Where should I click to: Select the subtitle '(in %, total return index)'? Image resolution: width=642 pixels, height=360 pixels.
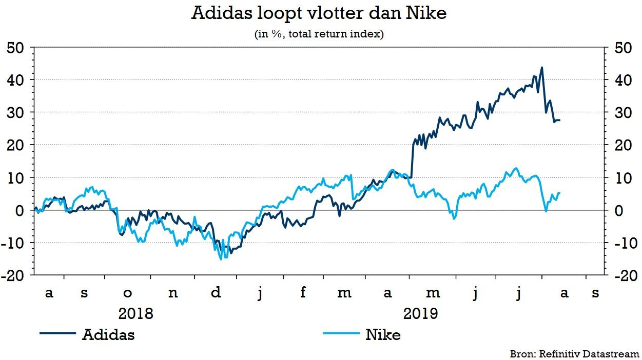[319, 35]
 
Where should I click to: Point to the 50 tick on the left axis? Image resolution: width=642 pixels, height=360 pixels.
[15, 47]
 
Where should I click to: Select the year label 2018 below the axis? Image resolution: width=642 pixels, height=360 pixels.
[135, 313]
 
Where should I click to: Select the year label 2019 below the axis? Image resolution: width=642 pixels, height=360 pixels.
[420, 313]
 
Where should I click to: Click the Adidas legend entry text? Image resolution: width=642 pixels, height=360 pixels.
[108, 335]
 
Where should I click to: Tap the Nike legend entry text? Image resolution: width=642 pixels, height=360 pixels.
[383, 335]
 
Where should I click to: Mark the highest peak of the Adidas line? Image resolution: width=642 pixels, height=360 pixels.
[542, 67]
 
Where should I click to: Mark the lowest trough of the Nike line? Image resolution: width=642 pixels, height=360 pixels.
[221, 259]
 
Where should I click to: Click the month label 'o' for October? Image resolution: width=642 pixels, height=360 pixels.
[128, 293]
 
